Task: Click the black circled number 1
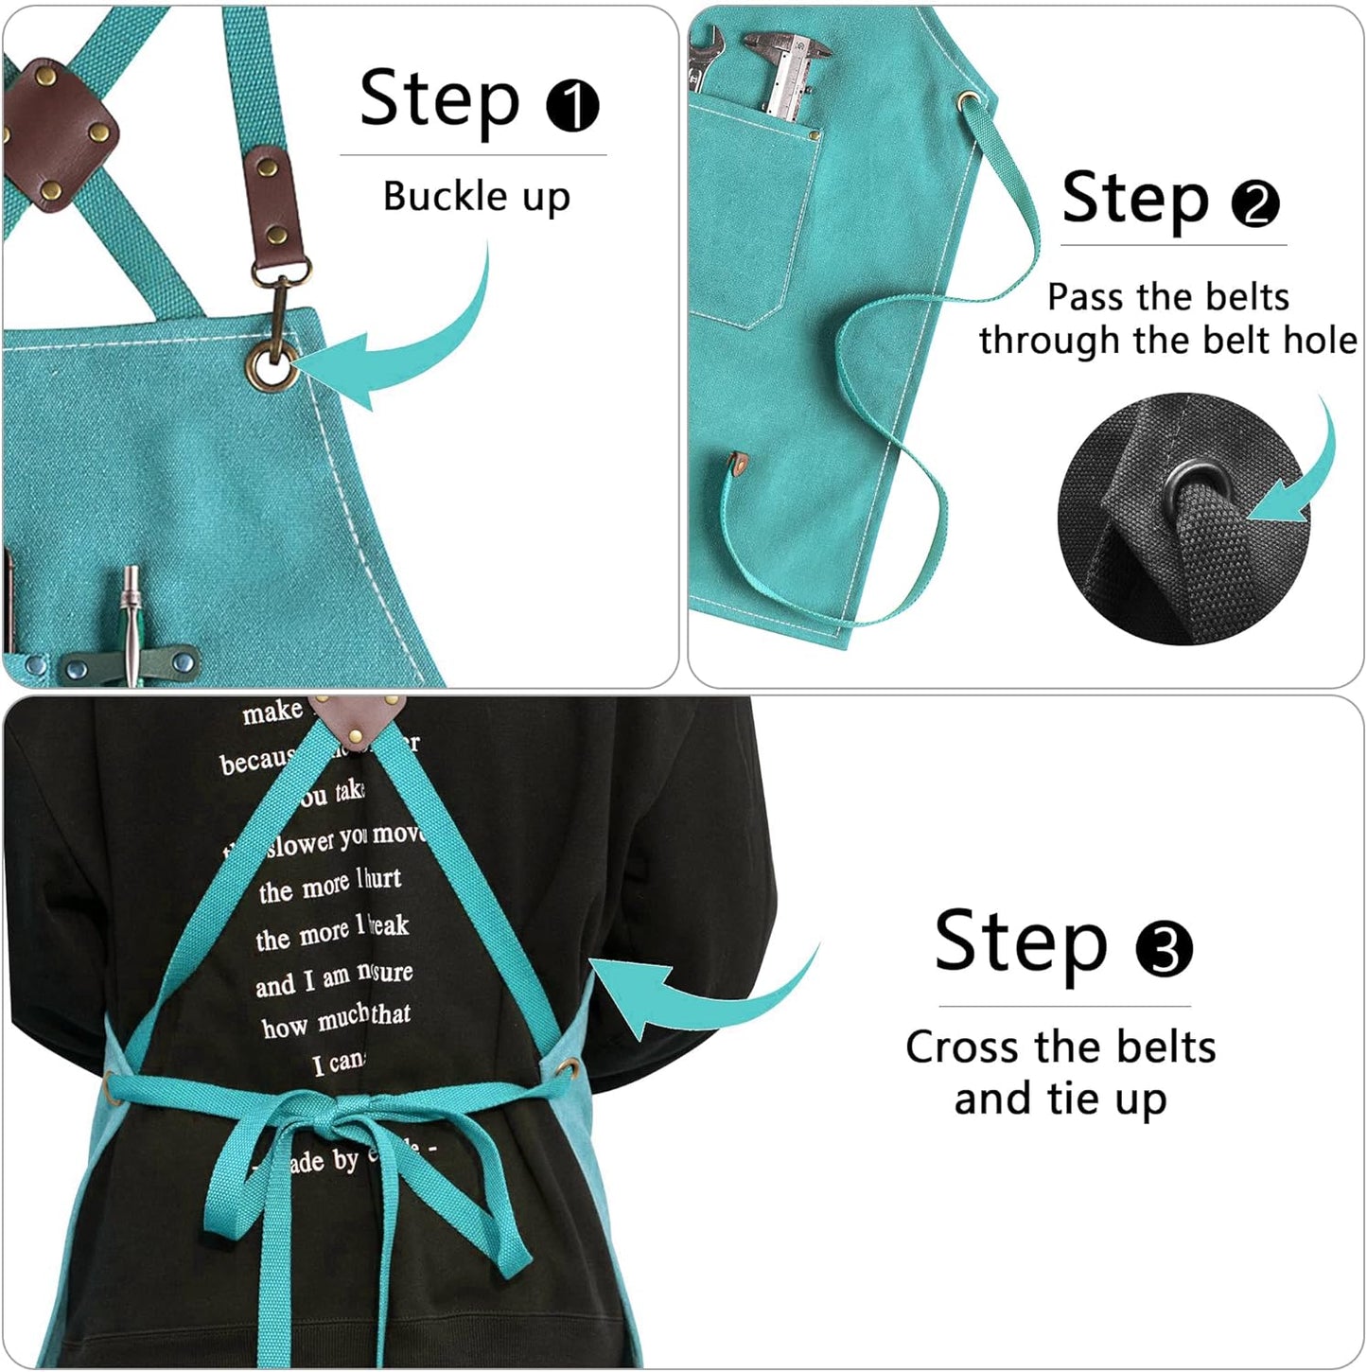tap(572, 105)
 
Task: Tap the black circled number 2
tap(1255, 203)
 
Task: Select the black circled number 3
tap(1164, 949)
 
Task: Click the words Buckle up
tap(476, 197)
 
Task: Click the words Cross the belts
tap(1060, 1047)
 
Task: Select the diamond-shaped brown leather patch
tap(59, 134)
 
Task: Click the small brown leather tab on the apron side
tap(738, 465)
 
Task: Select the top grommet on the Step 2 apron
tap(968, 100)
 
